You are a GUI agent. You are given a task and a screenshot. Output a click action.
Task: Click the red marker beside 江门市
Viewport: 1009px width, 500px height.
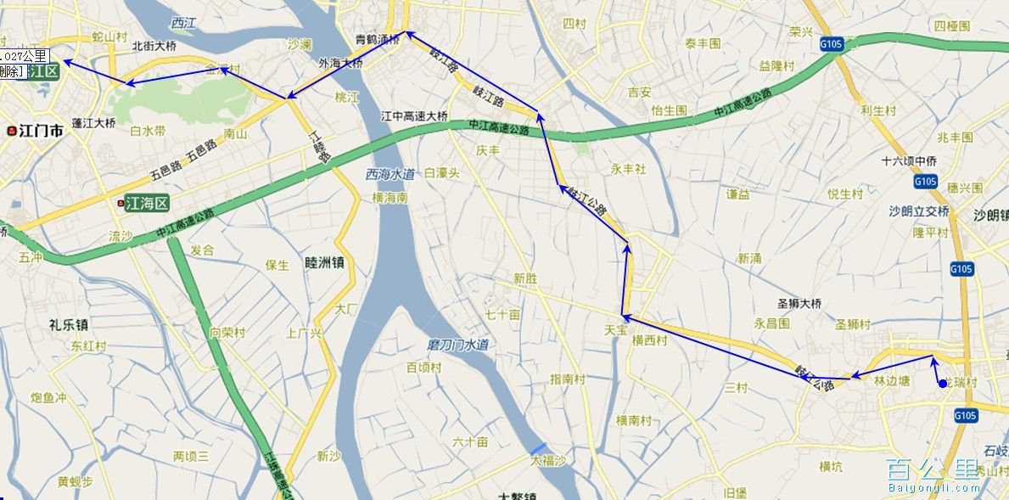[x=11, y=132]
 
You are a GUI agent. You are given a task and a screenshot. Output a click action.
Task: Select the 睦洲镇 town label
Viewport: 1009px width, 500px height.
[x=323, y=263]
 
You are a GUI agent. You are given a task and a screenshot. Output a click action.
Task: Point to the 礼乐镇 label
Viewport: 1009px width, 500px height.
[x=70, y=324]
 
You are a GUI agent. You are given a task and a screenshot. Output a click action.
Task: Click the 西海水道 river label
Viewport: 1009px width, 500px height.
[x=390, y=175]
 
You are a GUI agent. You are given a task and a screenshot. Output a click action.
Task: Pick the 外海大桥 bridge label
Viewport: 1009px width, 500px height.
[x=340, y=64]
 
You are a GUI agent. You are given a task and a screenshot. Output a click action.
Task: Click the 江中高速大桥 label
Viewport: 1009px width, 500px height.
[x=414, y=116]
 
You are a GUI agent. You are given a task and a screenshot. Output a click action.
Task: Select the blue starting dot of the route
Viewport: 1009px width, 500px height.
[x=942, y=385]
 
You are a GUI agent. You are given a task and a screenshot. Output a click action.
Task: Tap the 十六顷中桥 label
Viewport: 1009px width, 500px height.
[x=909, y=160]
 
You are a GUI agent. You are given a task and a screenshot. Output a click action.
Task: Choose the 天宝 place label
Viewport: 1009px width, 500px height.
[x=616, y=329]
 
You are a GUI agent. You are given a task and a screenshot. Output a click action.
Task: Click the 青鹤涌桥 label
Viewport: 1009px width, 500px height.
[x=377, y=38]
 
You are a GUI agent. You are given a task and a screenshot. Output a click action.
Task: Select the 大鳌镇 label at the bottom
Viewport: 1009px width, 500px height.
[x=518, y=494]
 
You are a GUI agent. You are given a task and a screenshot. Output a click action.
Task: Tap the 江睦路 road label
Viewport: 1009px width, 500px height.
[x=319, y=143]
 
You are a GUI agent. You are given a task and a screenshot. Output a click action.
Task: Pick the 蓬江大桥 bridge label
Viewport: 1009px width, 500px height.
[x=93, y=123]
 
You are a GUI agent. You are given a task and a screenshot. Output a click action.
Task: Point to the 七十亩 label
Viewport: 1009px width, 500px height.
[x=502, y=315]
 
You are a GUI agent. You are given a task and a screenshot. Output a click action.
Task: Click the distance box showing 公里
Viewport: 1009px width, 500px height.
[x=24, y=56]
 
